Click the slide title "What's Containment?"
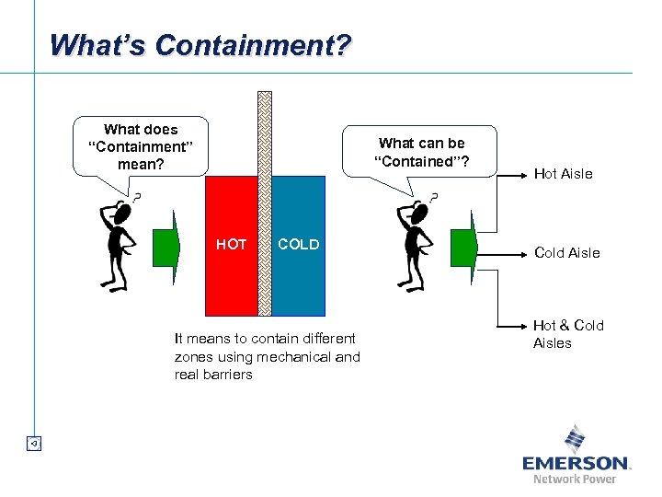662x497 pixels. click(200, 44)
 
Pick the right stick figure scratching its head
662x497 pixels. click(415, 244)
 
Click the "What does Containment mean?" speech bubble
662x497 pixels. click(140, 147)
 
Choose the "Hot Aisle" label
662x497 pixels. click(563, 174)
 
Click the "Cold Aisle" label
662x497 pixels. click(566, 253)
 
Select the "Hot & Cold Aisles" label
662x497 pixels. click(567, 334)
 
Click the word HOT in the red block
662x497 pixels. click(232, 245)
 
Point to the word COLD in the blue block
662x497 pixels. click(299, 245)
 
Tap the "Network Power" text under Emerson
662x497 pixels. click(575, 479)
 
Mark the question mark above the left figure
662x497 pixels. click(136, 197)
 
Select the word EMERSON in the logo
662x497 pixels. click(575, 463)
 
